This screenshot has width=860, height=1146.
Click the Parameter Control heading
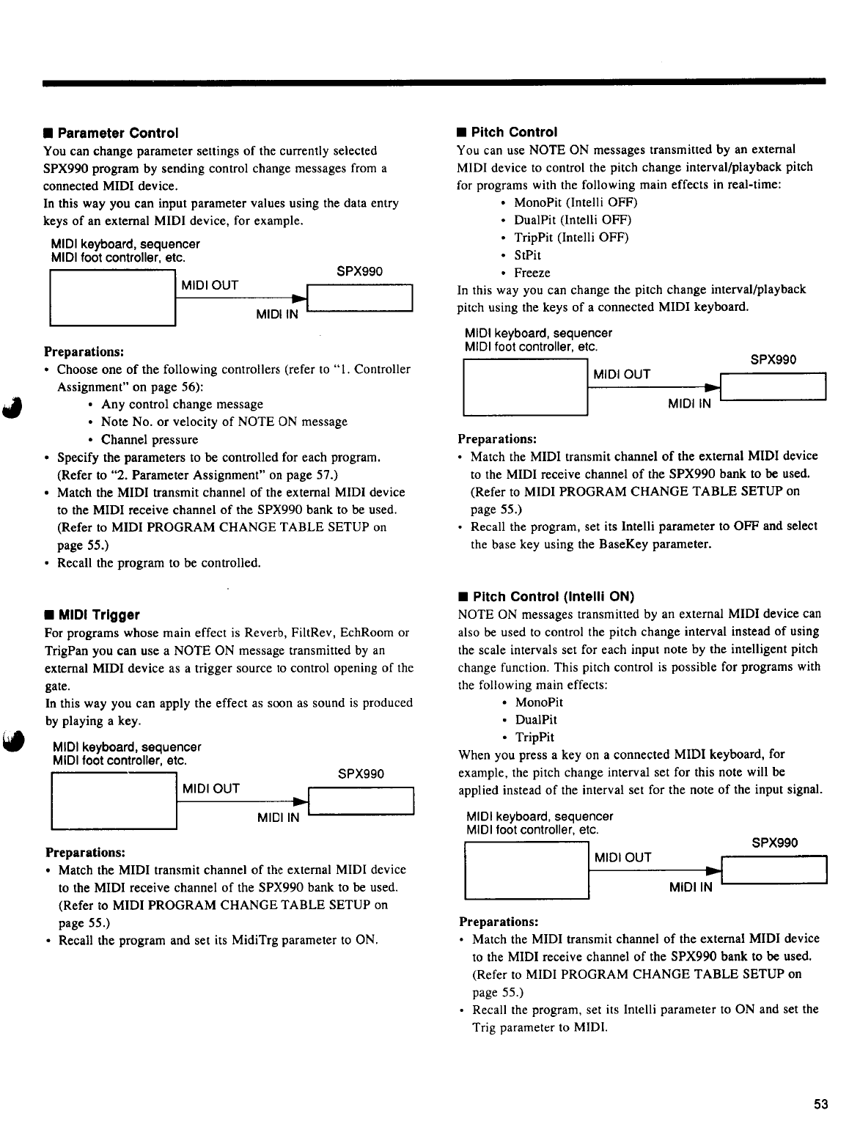117,133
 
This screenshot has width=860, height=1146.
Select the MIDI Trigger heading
99,614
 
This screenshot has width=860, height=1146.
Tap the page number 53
820,1104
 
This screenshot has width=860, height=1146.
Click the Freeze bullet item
532,273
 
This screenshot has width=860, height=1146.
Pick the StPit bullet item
528,255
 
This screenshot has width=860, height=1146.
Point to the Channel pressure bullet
150,440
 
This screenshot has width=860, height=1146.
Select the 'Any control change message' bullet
182,405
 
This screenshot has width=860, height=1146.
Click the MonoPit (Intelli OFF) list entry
576,202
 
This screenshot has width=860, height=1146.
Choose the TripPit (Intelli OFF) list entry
571,238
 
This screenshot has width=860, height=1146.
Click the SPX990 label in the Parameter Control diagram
359,271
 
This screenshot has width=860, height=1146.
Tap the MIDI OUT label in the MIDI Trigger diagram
211,789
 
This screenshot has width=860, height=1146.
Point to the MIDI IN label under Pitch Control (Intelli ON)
691,888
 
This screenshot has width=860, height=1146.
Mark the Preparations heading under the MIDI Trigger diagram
85,853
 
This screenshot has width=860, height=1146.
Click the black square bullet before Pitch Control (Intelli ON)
463,597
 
